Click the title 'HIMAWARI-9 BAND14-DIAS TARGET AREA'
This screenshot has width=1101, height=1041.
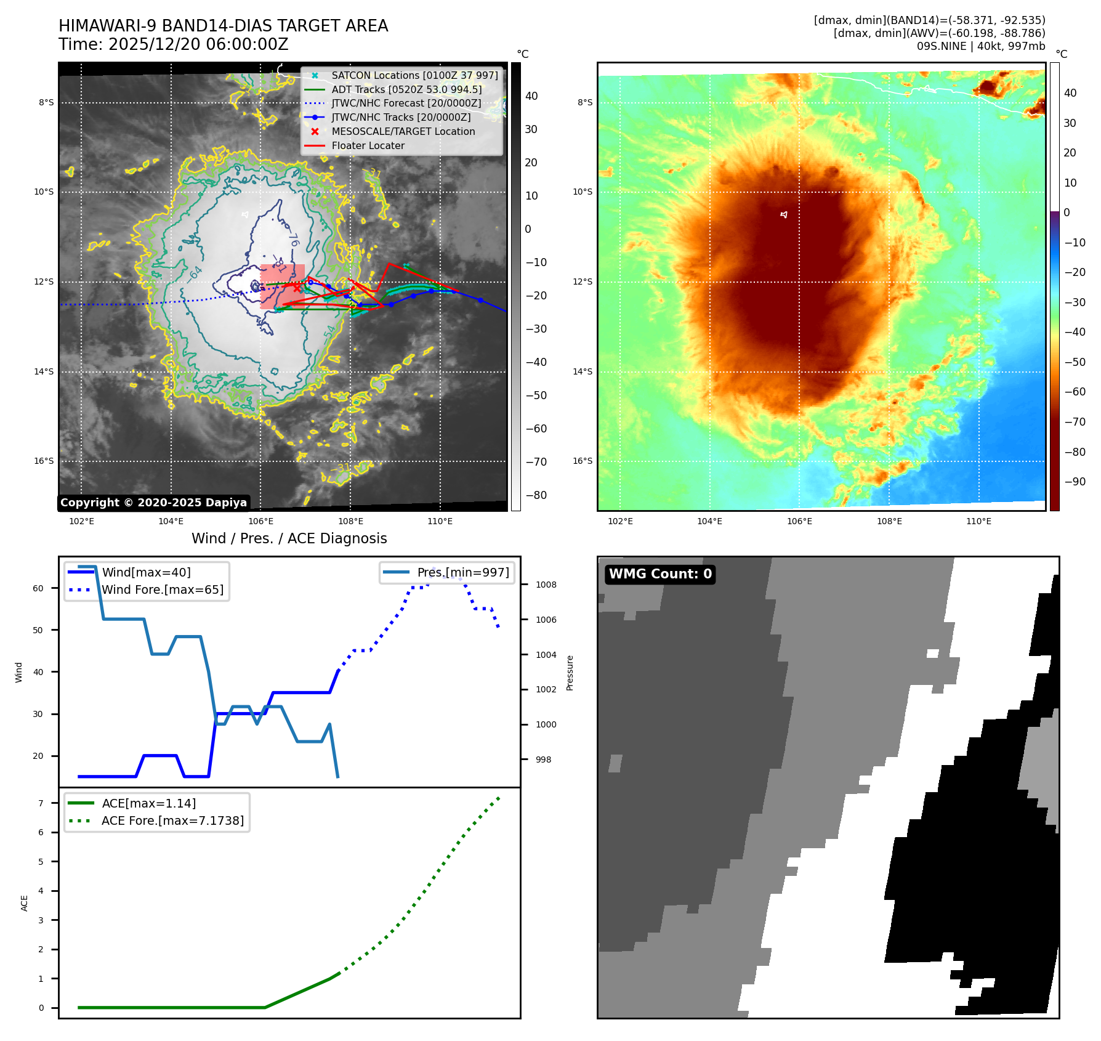coord(223,26)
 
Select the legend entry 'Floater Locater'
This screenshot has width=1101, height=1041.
coord(368,146)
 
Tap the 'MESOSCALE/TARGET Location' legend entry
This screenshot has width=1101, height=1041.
coord(403,132)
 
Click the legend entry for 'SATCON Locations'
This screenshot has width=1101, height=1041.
coord(414,76)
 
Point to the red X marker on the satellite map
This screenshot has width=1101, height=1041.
coord(297,288)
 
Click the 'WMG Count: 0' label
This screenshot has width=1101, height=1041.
coord(660,574)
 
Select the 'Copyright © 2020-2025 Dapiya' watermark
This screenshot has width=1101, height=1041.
coord(153,503)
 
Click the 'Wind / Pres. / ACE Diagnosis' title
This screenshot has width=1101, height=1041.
coord(289,538)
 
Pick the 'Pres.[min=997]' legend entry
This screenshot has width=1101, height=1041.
coord(462,573)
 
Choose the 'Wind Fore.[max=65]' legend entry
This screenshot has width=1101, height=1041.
coord(163,590)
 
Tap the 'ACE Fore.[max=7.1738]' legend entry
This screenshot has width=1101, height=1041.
coord(172,821)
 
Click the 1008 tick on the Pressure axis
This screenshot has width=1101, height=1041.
coord(546,585)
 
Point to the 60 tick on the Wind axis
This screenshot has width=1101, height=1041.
coord(38,588)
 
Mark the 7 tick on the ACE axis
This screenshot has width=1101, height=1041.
coord(41,803)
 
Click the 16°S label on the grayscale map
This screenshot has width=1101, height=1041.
coord(44,461)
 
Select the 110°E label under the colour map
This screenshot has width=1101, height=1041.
coord(978,522)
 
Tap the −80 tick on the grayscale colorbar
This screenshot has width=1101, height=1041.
coord(536,495)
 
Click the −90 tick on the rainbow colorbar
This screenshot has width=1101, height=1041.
coord(1075,482)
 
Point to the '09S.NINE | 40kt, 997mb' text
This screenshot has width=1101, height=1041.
coord(980,46)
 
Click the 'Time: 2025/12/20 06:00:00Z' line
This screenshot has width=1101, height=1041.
coord(173,44)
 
